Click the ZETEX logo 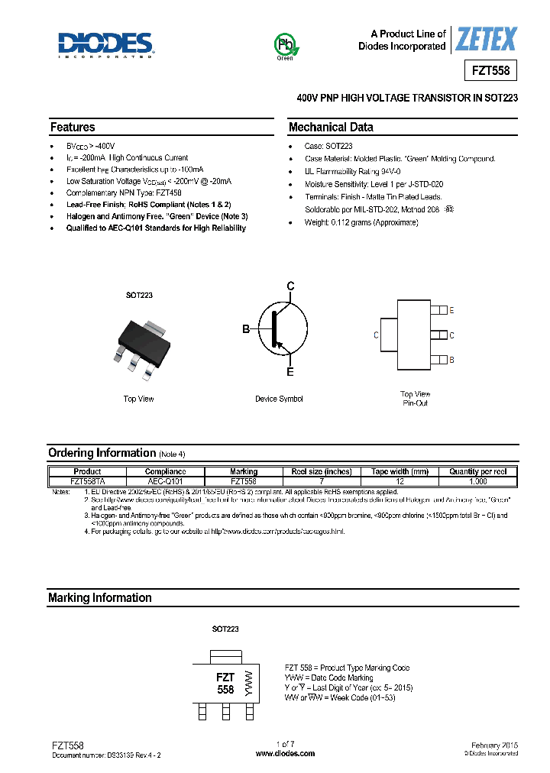click(x=486, y=39)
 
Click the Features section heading click(x=73, y=128)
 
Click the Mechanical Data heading click(x=331, y=128)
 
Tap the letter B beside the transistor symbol click(x=246, y=329)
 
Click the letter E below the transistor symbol click(x=290, y=372)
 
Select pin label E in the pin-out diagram click(x=451, y=311)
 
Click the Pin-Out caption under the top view click(x=416, y=403)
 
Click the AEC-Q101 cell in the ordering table click(x=165, y=482)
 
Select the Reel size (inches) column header click(x=322, y=472)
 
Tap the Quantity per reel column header click(x=478, y=472)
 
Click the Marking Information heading click(x=100, y=598)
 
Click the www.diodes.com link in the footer click(x=285, y=753)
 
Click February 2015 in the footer click(x=491, y=744)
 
